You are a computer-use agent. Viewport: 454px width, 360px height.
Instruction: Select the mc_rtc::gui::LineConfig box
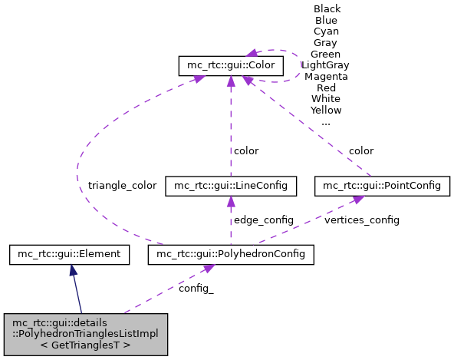[x=231, y=186]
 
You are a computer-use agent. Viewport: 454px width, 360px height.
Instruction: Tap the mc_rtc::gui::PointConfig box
[x=382, y=186]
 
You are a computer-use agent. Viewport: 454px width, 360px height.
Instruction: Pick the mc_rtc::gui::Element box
[x=71, y=253]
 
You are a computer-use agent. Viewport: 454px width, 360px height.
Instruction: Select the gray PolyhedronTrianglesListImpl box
[x=85, y=334]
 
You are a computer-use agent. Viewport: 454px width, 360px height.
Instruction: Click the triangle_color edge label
[x=122, y=186]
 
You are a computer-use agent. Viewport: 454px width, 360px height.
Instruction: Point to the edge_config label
[x=264, y=220]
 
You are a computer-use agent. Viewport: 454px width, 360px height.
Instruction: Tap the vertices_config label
[x=362, y=220]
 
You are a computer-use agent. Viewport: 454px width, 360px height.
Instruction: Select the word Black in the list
[x=327, y=9]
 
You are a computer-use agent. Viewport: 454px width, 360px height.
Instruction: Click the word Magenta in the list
[x=326, y=77]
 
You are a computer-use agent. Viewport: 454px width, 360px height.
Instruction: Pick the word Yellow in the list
[x=326, y=111]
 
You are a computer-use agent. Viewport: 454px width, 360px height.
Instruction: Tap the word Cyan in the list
[x=326, y=31]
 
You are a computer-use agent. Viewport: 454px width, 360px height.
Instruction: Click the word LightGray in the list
[x=326, y=65]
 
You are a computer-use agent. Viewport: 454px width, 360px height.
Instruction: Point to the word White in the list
[x=326, y=99]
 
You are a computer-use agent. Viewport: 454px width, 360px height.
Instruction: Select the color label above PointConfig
[x=361, y=150]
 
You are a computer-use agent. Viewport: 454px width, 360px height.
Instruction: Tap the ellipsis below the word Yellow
[x=326, y=122]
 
